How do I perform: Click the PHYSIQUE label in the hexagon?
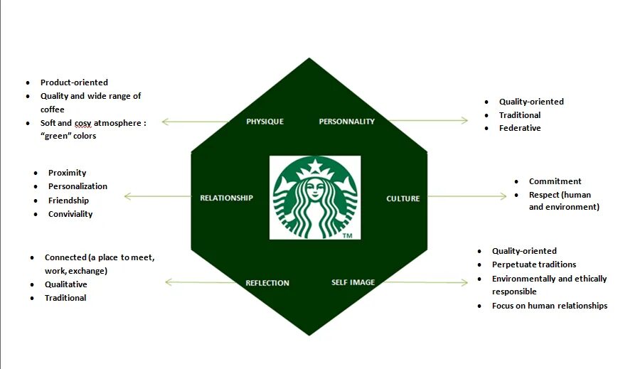(x=265, y=122)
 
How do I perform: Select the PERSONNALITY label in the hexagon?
(x=346, y=122)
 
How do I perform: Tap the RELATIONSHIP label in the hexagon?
(x=226, y=198)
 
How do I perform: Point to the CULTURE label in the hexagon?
(x=403, y=198)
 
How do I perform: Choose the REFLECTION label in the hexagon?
(x=267, y=283)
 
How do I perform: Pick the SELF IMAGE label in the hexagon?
(x=353, y=282)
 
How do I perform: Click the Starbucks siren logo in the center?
(x=315, y=196)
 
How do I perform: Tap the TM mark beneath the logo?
(x=347, y=235)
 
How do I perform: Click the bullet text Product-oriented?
(x=74, y=82)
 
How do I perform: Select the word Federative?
(x=520, y=128)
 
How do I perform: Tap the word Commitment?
(x=555, y=181)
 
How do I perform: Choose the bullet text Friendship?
(x=68, y=200)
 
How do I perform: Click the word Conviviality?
(x=70, y=214)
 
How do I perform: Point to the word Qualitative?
(x=66, y=284)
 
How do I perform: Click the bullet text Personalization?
(x=78, y=186)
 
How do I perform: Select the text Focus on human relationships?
(x=550, y=306)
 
